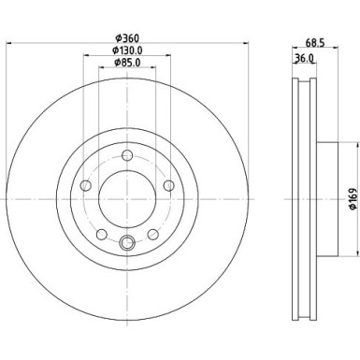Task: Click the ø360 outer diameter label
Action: pos(126,38)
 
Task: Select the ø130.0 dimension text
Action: pos(126,50)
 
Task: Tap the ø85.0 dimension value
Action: pos(126,64)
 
